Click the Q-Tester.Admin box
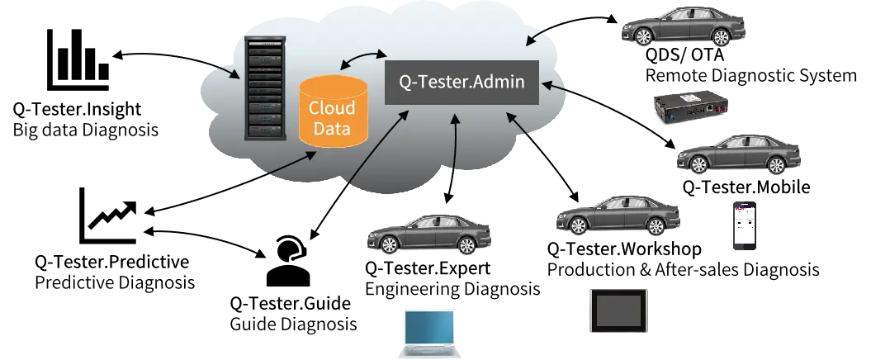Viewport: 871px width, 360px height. pyautogui.click(x=462, y=82)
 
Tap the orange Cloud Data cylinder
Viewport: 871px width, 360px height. pyautogui.click(x=334, y=111)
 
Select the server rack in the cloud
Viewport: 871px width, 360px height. pyautogui.click(x=266, y=88)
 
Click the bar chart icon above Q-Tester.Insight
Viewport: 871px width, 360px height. pyautogui.click(x=78, y=59)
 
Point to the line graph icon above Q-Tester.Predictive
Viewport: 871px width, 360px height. pyautogui.click(x=108, y=216)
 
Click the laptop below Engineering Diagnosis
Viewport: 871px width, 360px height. pyautogui.click(x=429, y=334)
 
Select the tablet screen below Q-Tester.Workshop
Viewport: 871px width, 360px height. pyautogui.click(x=618, y=310)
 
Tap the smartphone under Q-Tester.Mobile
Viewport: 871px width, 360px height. pyautogui.click(x=745, y=225)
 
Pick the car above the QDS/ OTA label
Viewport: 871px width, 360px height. pyautogui.click(x=675, y=26)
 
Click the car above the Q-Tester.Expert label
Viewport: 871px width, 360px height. pyautogui.click(x=428, y=234)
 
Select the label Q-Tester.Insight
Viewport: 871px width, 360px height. pyautogui.click(x=78, y=109)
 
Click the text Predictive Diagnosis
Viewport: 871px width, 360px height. pyautogui.click(x=115, y=282)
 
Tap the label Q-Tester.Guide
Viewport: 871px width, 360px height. pyautogui.click(x=291, y=303)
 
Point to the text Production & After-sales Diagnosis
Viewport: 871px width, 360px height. pyautogui.click(x=684, y=269)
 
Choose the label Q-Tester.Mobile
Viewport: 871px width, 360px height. pyautogui.click(x=746, y=187)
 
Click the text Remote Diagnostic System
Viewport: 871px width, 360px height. pyautogui.click(x=751, y=75)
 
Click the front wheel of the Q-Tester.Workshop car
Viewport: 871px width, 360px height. pyautogui.click(x=578, y=225)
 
